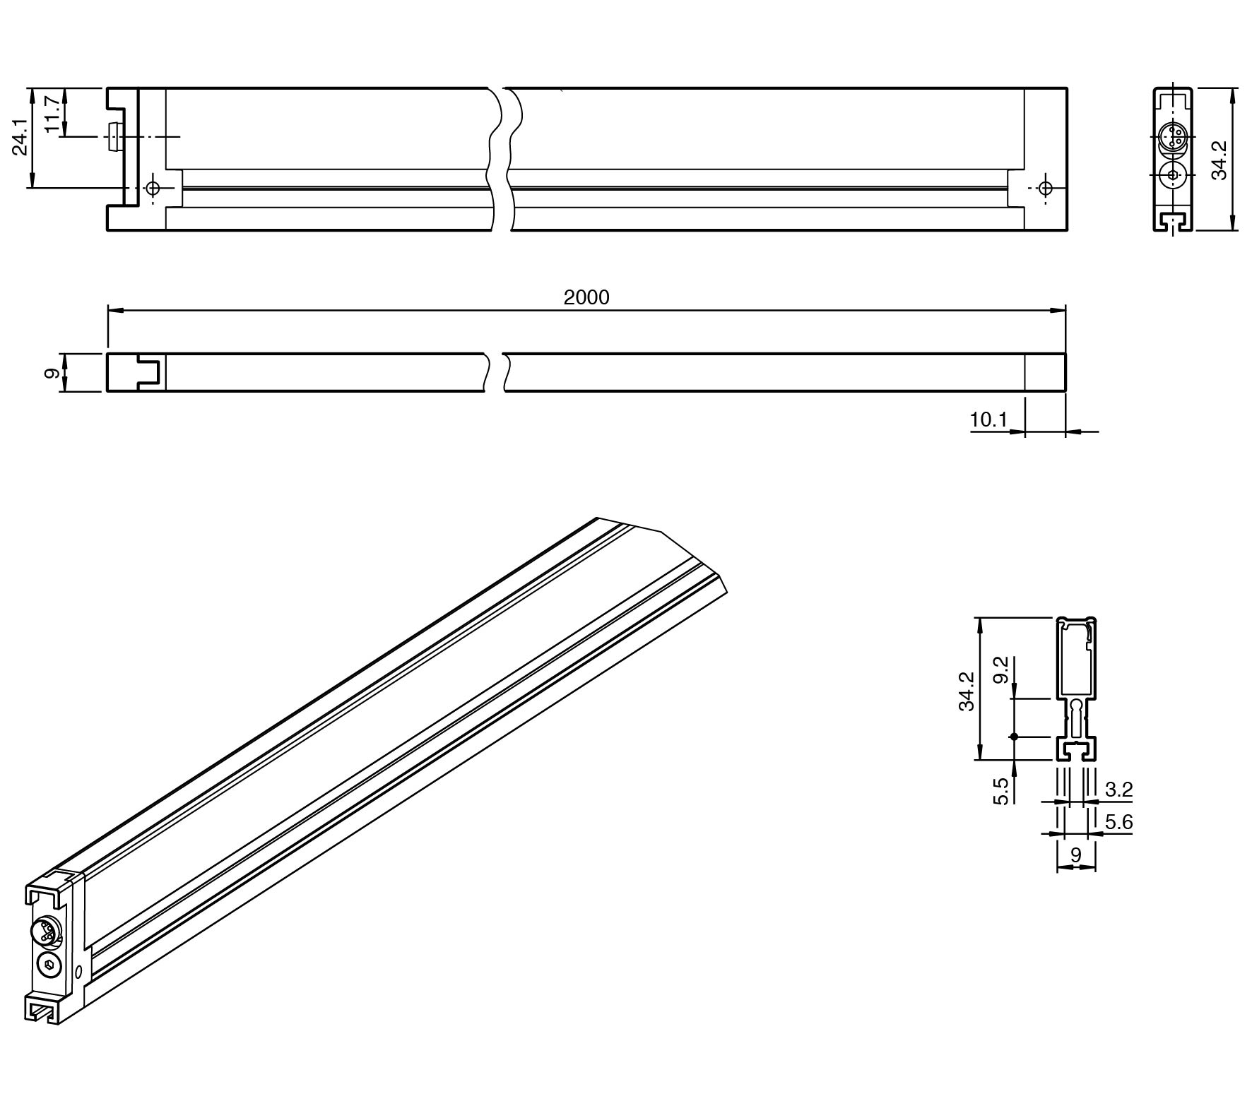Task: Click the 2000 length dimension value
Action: (586, 297)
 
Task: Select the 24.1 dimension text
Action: (20, 137)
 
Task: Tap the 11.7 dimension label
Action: (52, 113)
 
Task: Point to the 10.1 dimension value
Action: (988, 419)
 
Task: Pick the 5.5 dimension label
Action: (1001, 791)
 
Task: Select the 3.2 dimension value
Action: (1118, 789)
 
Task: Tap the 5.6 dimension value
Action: (1118, 821)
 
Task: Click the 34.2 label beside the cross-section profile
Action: (967, 691)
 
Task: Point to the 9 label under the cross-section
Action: (1076, 855)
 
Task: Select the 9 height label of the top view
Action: (52, 372)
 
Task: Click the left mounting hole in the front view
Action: (153, 189)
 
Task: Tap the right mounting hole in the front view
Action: (1046, 189)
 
